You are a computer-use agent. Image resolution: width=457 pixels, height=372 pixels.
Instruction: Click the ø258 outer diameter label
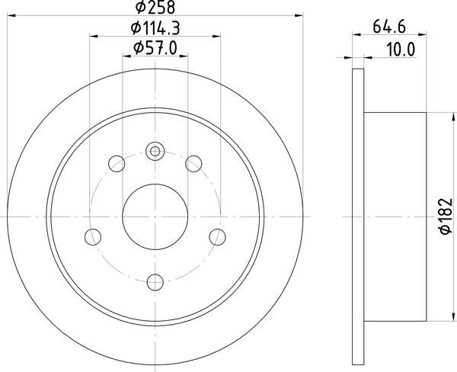[x=155, y=9]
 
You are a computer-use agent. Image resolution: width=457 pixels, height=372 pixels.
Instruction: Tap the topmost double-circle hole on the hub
[x=155, y=150]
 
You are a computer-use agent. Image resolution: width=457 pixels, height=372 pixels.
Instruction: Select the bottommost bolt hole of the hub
[x=155, y=281]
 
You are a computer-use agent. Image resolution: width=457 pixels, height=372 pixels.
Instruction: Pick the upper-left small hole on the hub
[x=117, y=162]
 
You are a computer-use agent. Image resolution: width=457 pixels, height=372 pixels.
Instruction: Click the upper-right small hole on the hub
[x=194, y=162]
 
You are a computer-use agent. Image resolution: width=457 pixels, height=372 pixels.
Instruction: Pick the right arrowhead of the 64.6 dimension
[x=422, y=35]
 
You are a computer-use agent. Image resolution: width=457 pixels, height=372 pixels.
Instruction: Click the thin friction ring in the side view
[x=359, y=217]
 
